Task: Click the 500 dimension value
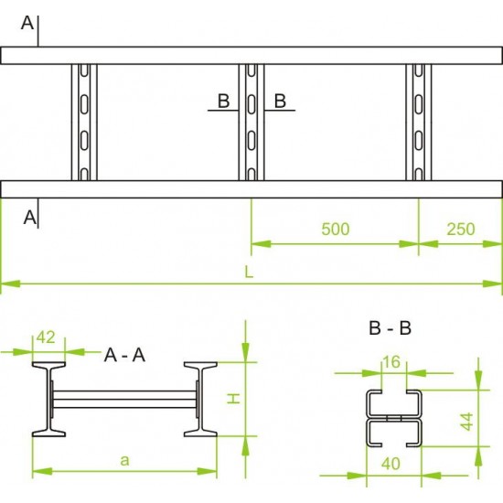click(336, 229)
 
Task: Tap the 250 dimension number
click(461, 229)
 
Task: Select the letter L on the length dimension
click(249, 273)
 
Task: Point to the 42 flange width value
click(46, 337)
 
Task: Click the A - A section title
click(124, 355)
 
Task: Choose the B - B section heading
click(391, 328)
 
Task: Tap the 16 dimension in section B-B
click(391, 362)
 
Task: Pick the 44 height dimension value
click(466, 422)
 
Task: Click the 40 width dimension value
click(391, 464)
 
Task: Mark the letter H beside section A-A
click(234, 399)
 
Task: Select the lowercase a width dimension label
click(124, 461)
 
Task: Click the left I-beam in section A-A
click(48, 400)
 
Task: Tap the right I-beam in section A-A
click(201, 400)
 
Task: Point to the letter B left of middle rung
click(223, 101)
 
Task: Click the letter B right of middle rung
click(280, 101)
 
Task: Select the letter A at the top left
click(27, 23)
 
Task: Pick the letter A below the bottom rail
click(30, 218)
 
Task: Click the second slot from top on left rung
click(84, 104)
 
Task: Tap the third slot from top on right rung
click(419, 140)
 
